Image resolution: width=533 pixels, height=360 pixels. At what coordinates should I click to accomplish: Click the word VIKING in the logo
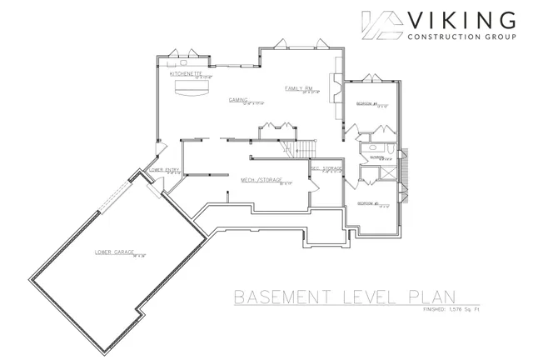[x=462, y=19]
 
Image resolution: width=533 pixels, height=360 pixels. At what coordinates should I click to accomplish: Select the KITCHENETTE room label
[x=187, y=73]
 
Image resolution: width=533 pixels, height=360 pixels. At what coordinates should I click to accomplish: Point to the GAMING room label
[x=240, y=99]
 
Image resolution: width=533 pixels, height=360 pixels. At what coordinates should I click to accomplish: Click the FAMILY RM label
[x=297, y=87]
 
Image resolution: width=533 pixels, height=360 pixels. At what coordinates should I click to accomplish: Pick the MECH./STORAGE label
[x=262, y=179]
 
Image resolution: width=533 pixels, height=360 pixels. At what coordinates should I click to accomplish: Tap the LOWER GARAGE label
[x=115, y=251]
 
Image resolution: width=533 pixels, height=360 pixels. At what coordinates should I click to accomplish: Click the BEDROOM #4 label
[x=367, y=104]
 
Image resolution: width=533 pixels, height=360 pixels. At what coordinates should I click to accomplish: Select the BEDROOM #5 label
[x=367, y=203]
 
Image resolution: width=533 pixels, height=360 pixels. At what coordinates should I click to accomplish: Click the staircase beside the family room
[x=298, y=148]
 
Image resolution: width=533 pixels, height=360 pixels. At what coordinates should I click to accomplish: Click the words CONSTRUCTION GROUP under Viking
[x=462, y=37]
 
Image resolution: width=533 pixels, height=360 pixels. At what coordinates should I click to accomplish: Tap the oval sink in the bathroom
[x=370, y=146]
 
